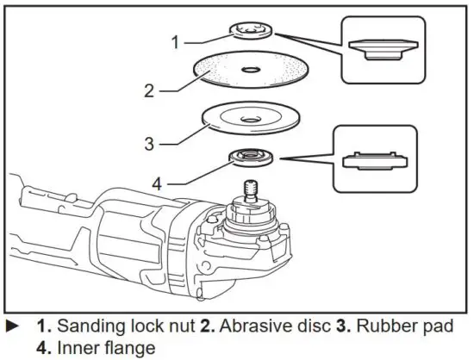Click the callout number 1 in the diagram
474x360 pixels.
[x=176, y=40]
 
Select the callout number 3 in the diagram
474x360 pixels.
[x=149, y=143]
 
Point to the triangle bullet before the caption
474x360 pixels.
[x=12, y=328]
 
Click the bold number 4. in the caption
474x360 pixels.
[x=43, y=349]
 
